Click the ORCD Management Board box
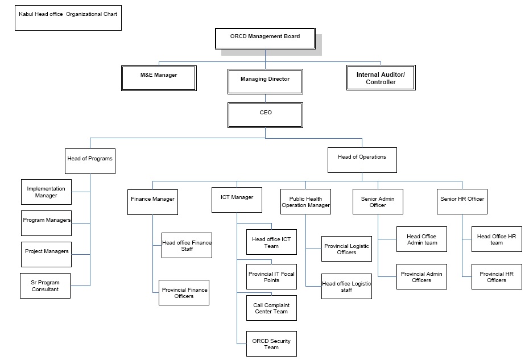264,38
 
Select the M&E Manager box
159,77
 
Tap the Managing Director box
264,80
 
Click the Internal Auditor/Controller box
381,78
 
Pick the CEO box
266,114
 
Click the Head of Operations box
362,159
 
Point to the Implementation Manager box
46,192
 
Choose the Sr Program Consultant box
45,285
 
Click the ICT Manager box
237,200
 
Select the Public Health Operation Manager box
305,202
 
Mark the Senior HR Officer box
462,201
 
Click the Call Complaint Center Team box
271,308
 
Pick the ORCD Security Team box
271,344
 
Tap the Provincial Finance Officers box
184,293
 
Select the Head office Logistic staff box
346,287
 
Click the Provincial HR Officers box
496,276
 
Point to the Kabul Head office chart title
68,14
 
